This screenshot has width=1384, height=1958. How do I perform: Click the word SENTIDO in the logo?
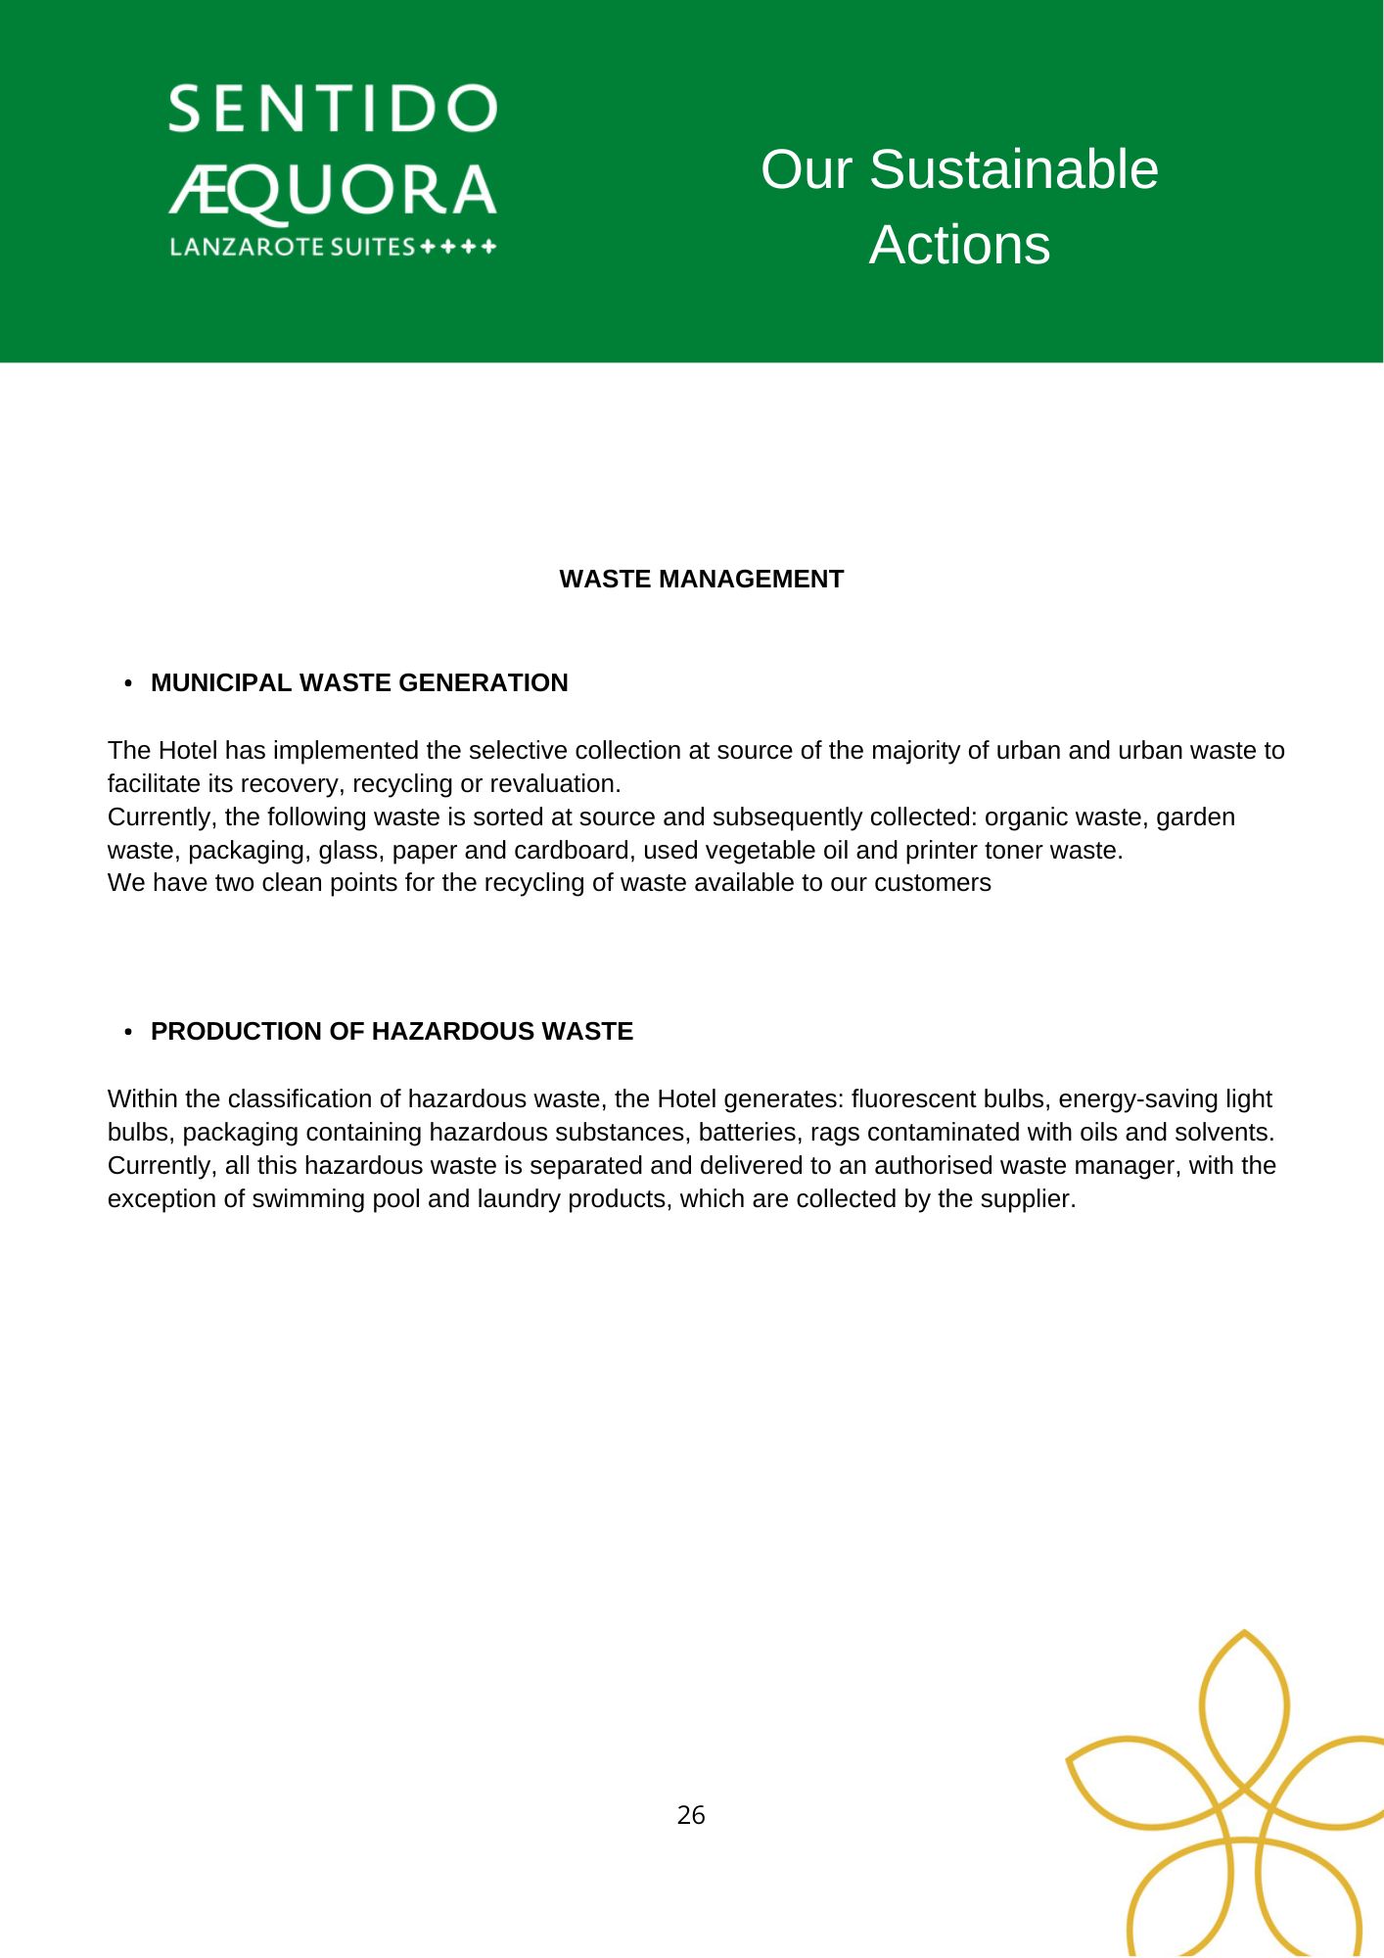(x=333, y=109)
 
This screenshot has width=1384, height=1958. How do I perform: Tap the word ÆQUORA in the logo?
(x=333, y=190)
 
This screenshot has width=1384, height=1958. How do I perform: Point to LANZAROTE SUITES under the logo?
(x=293, y=247)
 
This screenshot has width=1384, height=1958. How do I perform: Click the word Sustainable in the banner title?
(x=1013, y=169)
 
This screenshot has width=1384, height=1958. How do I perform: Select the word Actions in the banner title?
(x=959, y=245)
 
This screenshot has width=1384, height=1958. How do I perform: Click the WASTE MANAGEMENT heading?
(x=701, y=580)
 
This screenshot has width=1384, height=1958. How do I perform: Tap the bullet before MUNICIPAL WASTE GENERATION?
(x=129, y=683)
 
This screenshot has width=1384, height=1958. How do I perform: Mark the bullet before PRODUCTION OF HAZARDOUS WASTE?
(x=129, y=1032)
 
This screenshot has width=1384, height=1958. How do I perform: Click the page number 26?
(x=691, y=1816)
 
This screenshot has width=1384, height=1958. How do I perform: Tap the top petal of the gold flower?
(x=1244, y=1708)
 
